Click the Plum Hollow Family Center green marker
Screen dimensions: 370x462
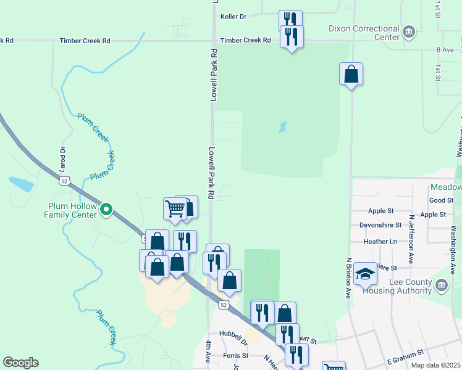click(x=106, y=210)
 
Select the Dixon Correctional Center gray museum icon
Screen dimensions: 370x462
click(x=408, y=31)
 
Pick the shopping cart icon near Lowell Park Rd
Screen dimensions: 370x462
click(x=174, y=210)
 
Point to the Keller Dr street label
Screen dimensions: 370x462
click(x=233, y=17)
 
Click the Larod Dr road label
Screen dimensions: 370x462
click(x=62, y=158)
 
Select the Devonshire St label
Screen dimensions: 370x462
click(x=380, y=225)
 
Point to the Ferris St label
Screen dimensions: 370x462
click(x=235, y=356)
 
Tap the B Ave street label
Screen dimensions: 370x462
click(x=445, y=49)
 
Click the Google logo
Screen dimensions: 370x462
click(x=20, y=363)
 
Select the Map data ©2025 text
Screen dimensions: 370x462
click(x=435, y=365)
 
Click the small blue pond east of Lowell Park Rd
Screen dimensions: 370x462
click(x=282, y=127)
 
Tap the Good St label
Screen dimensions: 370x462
click(x=441, y=200)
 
